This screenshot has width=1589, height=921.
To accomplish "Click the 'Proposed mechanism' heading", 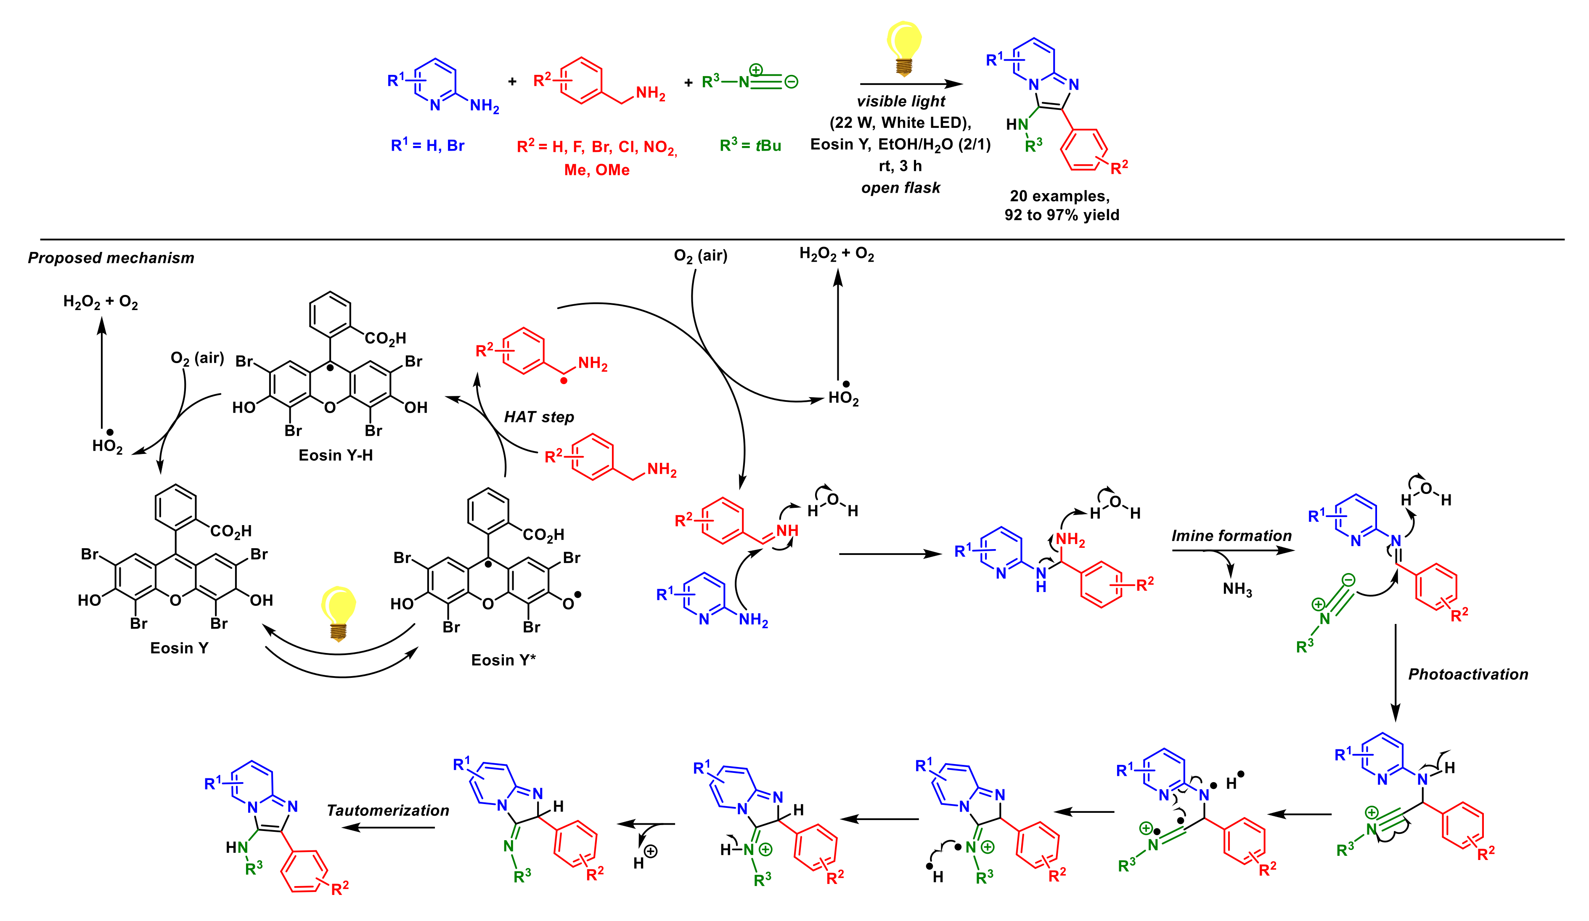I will tap(111, 258).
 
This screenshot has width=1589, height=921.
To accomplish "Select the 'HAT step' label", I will tap(539, 417).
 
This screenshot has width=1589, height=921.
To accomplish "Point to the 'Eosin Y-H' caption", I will tap(336, 456).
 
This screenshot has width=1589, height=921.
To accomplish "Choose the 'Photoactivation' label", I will tap(1468, 674).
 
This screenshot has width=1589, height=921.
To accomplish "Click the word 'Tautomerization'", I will tap(388, 811).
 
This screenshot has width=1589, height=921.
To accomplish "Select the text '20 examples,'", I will tap(1060, 196).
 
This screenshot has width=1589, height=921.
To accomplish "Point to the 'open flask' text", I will tap(900, 188).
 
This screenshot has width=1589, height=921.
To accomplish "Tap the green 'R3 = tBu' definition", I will tap(750, 146).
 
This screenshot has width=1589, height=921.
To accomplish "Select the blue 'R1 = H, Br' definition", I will tap(427, 146).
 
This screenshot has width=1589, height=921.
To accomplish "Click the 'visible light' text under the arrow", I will tap(900, 101).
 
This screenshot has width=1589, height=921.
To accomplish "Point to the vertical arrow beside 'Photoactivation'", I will tap(1396, 672).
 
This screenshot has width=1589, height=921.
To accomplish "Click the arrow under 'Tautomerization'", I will tap(388, 828).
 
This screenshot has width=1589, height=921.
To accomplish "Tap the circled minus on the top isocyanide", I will tap(792, 81).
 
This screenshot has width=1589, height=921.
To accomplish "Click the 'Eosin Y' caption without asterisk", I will tap(179, 648).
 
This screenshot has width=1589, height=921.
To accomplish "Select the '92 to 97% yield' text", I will tap(1062, 215).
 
